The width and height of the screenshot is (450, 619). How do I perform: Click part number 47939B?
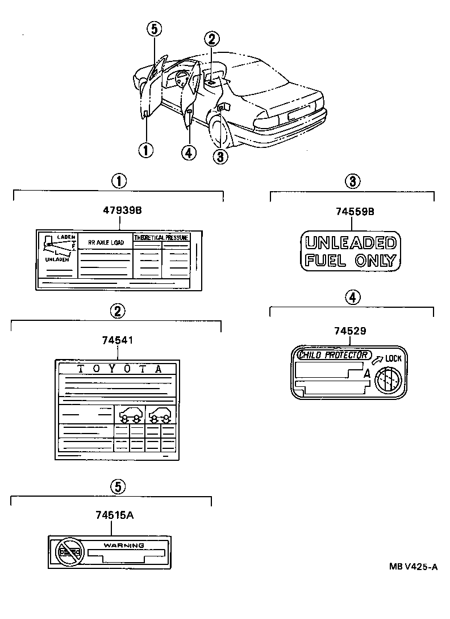coord(122,210)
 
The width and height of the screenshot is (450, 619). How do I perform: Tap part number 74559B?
coord(351,212)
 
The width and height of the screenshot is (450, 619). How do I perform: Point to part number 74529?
coord(350,330)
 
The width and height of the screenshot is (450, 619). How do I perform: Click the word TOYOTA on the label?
coord(119,368)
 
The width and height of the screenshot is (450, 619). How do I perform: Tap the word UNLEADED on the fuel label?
coord(350,244)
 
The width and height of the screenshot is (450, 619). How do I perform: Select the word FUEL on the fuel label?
coord(322,261)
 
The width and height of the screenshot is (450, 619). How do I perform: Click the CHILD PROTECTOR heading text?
coord(334,355)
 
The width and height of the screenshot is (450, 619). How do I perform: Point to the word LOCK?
coord(393,358)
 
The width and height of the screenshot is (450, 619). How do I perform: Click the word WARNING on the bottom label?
coord(123,545)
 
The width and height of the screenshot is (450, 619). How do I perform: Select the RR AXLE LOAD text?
coord(106,242)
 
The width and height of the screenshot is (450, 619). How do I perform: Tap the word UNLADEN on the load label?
coord(57,259)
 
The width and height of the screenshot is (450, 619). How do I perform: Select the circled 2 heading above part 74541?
coord(117,311)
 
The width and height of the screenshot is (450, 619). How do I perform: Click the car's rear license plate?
coord(299,112)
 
